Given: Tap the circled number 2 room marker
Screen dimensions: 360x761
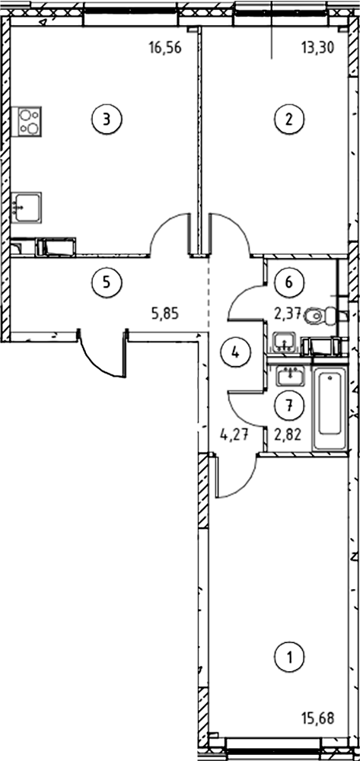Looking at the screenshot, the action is [x=288, y=119].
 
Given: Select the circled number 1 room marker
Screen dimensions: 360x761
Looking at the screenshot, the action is [x=289, y=658].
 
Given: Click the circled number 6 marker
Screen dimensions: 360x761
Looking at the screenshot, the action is [x=288, y=282].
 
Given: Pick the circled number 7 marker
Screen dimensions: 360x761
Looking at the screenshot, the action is [x=288, y=406].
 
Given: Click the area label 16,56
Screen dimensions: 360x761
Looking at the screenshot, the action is [x=165, y=49].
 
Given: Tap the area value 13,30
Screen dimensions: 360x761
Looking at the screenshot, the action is [x=317, y=49].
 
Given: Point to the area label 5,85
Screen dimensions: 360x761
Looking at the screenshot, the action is [x=165, y=314].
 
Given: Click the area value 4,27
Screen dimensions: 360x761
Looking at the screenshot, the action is [x=234, y=435].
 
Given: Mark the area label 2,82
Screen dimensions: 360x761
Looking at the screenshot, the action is [x=288, y=435].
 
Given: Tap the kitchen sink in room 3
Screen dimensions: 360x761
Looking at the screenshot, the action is [x=26, y=207].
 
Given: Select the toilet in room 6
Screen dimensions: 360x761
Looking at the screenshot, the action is [x=322, y=316].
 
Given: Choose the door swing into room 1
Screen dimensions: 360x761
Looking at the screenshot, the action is [x=236, y=478].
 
